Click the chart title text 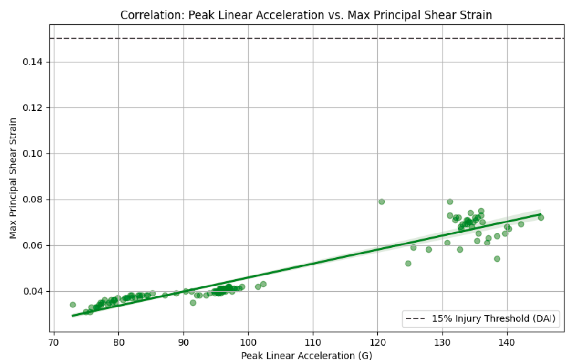pos(306,15)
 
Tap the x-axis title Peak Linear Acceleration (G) pos(306,355)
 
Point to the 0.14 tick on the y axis pos(33,62)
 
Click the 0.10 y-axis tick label pos(33,154)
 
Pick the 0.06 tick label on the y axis pos(33,245)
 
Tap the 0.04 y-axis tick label pos(33,291)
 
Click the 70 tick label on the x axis pos(54,342)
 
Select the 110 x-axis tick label pos(313,342)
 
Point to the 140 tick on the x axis pos(507,342)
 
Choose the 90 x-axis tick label pos(184,342)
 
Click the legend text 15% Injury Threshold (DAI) pos(494,318)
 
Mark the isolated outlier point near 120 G pos(381,201)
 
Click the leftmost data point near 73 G pos(73,305)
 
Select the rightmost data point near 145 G pos(541,218)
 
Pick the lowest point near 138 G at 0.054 pos(497,259)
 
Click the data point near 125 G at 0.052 pos(408,264)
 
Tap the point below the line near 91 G pos(193,303)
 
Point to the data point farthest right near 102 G pos(263,284)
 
